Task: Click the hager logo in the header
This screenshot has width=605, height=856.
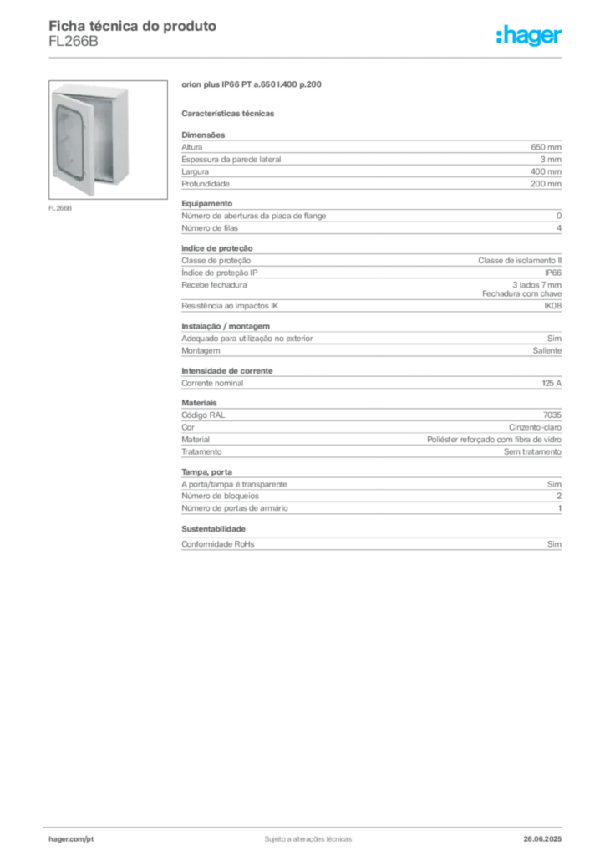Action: pos(529,35)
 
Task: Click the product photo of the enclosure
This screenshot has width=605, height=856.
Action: pos(108,140)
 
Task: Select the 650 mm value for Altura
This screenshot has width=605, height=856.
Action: pos(546,147)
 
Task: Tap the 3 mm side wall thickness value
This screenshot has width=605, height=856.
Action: pos(551,160)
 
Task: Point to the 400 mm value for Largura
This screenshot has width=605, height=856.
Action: pos(546,171)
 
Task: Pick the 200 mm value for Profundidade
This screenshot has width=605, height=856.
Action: pos(546,184)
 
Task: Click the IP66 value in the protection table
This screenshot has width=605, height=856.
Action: pos(552,273)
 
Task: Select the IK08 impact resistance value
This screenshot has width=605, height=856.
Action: pos(552,306)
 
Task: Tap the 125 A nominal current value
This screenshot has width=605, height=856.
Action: pos(552,383)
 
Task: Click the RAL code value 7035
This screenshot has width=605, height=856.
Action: pos(552,415)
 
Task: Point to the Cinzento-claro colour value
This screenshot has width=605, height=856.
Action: pos(535,427)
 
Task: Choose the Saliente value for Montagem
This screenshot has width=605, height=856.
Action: pos(547,350)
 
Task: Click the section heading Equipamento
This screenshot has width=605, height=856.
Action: pos(206,204)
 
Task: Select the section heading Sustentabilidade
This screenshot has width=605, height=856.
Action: pos(213,529)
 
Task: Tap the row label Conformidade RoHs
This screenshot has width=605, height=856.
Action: pos(217,543)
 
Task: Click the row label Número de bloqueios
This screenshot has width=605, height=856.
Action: pos(220,496)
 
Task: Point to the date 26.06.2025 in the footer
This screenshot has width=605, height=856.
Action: pos(542,839)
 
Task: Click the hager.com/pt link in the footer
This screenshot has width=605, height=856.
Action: pos(71,839)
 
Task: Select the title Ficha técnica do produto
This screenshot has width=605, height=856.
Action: pos(133,26)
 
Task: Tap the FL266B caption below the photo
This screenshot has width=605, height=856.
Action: pos(60,208)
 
